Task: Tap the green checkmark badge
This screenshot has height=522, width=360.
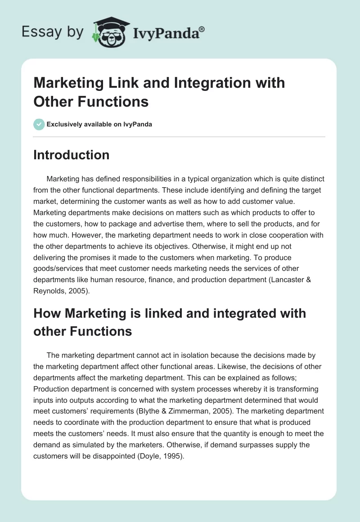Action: pos(39,124)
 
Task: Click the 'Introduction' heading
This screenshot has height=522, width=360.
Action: pos(71,155)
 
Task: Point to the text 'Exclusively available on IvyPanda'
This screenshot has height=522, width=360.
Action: pos(100,124)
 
